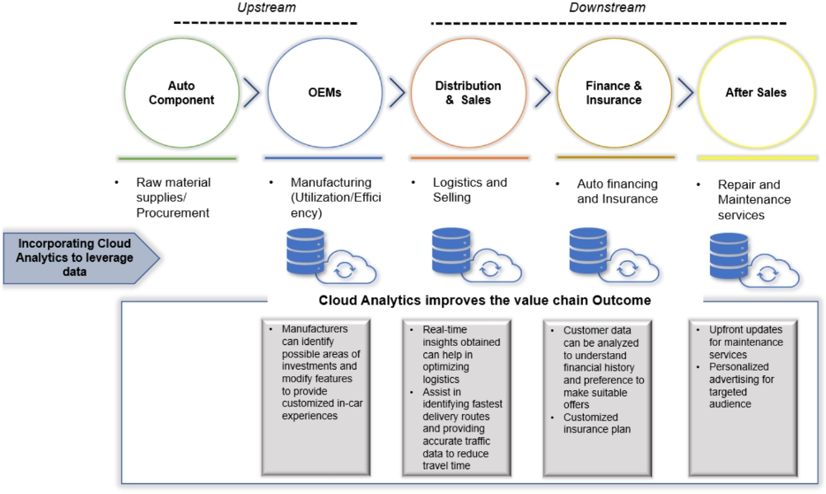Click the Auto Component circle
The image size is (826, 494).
[179, 92]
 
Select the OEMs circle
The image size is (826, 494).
[319, 92]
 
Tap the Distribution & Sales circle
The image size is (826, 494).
[468, 92]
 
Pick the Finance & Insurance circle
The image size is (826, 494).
[614, 92]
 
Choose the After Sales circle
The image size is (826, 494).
[755, 92]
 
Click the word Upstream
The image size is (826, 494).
[265, 8]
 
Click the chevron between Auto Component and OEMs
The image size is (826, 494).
[250, 93]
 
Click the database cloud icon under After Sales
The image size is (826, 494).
[749, 257]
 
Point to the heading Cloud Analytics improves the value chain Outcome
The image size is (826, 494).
[485, 301]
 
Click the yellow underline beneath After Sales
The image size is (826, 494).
[756, 157]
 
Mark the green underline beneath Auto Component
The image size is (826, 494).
[177, 158]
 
